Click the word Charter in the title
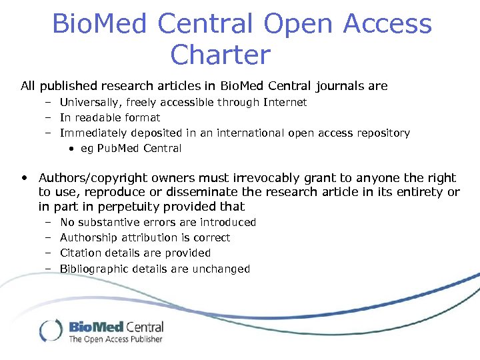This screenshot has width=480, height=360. pyautogui.click(x=221, y=55)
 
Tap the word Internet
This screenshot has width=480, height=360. pyautogui.click(x=285, y=102)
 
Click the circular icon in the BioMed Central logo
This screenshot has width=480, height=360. pyautogui.click(x=51, y=331)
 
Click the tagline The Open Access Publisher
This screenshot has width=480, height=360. pyautogui.click(x=115, y=339)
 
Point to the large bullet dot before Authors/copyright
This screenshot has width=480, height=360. pyautogui.click(x=25, y=178)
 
